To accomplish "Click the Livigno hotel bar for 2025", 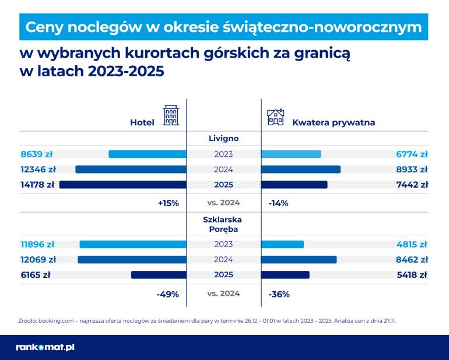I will coord(123,185).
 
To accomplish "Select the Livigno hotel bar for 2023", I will coord(148,154).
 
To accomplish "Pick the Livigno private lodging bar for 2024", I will coord(301,170).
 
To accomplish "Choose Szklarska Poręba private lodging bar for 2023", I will coord(283,244).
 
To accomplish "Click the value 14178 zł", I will coord(37,185).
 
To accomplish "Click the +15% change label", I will coord(168,203).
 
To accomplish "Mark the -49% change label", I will coord(167,294).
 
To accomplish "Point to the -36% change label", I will coord(279,294).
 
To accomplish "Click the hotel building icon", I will coord(170,116).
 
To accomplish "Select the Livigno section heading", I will coord(224,139).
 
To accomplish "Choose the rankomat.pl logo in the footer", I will coord(45,347).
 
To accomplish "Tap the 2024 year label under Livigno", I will coord(224,170).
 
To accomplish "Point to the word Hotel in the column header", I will coord(142,123).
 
